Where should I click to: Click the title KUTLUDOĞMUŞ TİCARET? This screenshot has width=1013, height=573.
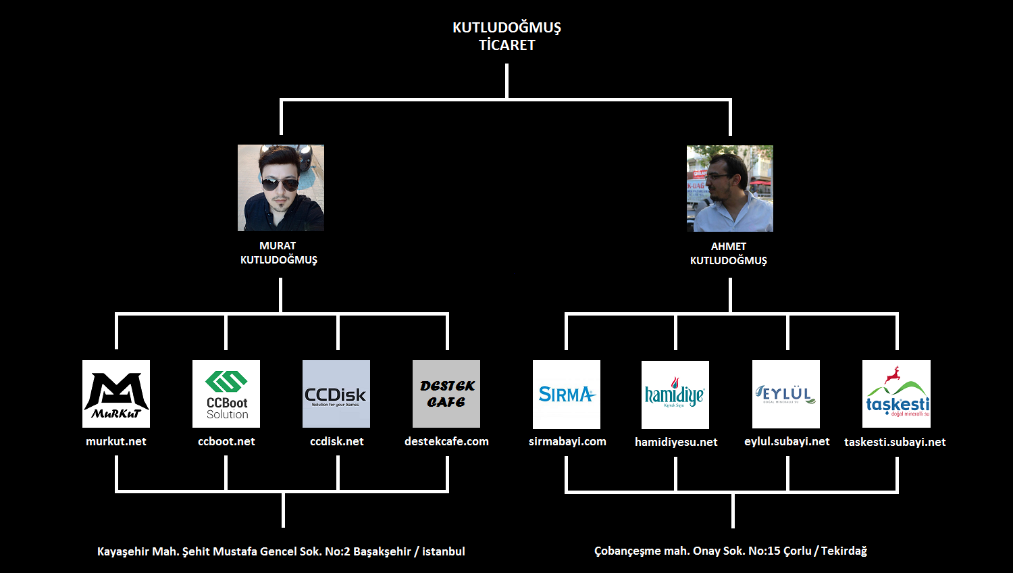coord(506,36)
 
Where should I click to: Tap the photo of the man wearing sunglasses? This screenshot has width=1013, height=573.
coord(281,188)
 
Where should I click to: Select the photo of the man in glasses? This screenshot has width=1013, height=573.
coord(730,189)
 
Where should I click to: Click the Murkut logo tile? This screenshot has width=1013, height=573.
coord(116,394)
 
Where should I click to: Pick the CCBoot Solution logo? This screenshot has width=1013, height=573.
coord(226,394)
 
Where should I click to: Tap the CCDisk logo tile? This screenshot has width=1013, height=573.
coord(336,394)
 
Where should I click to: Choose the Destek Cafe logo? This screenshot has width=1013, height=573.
coord(446,394)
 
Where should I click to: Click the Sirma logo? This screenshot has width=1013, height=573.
coord(567,395)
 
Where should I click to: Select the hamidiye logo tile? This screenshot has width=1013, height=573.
coord(675,395)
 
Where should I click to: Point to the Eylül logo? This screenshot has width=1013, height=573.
coord(786,395)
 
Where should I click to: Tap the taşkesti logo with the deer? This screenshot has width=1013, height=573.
coord(896,394)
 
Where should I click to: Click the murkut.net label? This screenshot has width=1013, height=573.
coord(116,441)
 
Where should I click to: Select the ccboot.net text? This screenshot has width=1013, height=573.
coord(226,441)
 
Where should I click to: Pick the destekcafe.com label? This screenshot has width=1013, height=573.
coord(446,441)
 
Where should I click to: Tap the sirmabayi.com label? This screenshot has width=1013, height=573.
coord(567,441)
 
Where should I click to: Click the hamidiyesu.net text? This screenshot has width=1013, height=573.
coord(676,442)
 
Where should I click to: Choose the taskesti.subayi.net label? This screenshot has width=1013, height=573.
coord(895,442)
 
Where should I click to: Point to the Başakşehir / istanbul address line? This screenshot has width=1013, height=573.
coord(281,551)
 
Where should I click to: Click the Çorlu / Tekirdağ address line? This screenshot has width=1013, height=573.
coord(731,551)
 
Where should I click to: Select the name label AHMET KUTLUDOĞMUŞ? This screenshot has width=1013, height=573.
coord(729,253)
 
